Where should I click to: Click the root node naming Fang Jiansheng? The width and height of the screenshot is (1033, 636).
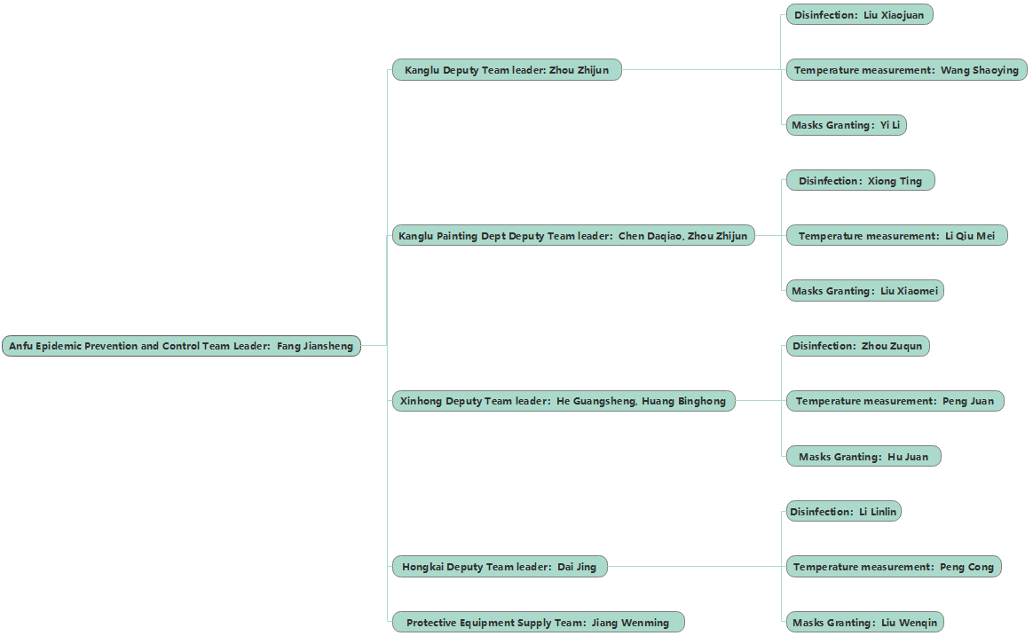coord(181,346)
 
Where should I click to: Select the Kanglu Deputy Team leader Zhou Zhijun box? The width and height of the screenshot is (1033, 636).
coord(507,70)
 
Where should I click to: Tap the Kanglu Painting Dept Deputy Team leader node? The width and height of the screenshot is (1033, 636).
coord(573,236)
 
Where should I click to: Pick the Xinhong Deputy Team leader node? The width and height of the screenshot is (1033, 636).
coord(564,401)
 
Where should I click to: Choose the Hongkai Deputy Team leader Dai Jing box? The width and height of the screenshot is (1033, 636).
coord(500,567)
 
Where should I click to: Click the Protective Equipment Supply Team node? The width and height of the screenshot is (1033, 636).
coord(538,623)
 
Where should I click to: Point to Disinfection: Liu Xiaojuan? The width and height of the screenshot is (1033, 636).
coord(859,15)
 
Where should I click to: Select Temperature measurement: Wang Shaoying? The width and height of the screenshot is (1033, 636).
coord(906,70)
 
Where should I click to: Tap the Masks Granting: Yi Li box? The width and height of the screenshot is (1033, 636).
coord(846,125)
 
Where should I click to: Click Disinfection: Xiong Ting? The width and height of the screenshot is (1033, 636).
coord(860,181)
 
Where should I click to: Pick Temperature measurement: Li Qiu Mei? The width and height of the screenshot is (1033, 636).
coord(896,236)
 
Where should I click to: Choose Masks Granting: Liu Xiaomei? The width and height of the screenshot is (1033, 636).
coord(864,291)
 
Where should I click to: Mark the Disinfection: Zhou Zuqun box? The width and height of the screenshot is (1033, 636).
coord(857,346)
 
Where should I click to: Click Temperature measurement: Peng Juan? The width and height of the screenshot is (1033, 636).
coord(895,401)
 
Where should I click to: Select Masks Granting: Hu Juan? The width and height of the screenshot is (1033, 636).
coord(863,457)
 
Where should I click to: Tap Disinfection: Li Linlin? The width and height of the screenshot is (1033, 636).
coord(843,512)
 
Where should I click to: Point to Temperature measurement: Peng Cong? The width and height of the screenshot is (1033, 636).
coord(894,567)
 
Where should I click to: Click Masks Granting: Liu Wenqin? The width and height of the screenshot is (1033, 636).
coord(864,623)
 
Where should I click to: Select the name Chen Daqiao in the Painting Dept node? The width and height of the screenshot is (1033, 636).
coord(650,236)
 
